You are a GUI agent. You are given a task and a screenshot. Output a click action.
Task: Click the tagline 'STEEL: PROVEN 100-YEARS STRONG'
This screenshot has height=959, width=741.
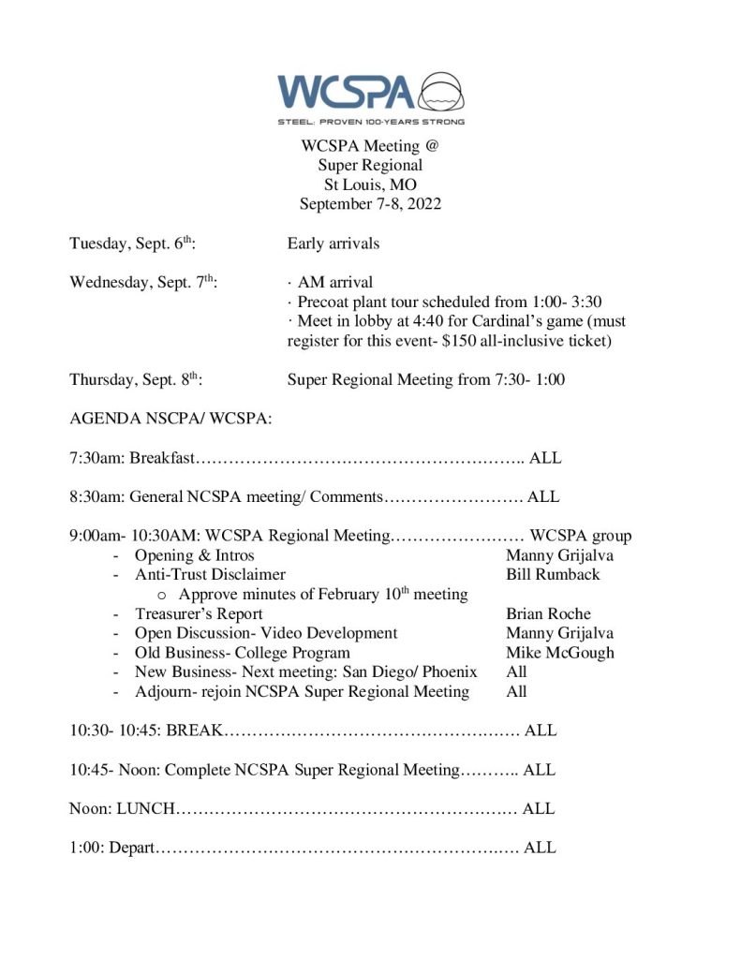click(x=370, y=122)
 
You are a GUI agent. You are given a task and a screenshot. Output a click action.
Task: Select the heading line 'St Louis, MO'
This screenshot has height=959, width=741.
click(x=370, y=184)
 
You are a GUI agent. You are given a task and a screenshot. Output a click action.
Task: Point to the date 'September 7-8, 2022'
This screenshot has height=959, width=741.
click(x=370, y=203)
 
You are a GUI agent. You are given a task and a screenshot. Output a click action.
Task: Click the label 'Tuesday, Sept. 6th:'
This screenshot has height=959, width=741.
click(x=132, y=243)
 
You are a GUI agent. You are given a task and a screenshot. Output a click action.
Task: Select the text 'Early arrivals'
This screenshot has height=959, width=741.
click(x=333, y=243)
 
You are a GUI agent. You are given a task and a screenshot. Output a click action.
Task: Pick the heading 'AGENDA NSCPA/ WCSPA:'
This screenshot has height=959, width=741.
click(x=170, y=419)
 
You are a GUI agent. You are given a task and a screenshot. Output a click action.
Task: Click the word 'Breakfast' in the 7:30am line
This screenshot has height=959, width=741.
click(x=161, y=458)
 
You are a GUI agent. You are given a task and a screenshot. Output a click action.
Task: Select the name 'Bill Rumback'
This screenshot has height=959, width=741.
click(x=553, y=574)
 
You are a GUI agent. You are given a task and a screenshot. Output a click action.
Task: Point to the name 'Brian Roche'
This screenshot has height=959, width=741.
click(x=548, y=614)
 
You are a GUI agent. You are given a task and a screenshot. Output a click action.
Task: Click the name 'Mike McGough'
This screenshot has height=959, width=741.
click(x=559, y=653)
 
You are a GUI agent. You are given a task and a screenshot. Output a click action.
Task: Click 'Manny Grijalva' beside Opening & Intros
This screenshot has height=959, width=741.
click(x=559, y=555)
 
